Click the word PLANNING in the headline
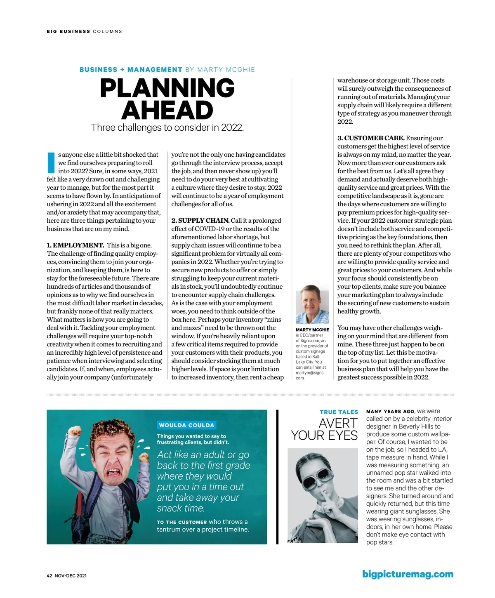point(167,88)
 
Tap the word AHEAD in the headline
point(167,110)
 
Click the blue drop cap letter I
point(51,162)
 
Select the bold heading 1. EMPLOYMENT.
point(75,245)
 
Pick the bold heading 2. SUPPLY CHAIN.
point(200,221)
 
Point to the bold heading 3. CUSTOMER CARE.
point(371,138)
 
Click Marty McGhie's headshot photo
point(312,304)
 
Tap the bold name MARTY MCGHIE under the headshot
point(312,330)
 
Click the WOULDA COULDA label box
point(187,425)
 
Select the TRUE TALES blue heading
point(339,412)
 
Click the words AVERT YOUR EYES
point(325,429)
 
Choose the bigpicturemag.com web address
point(408,574)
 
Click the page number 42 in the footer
point(49,576)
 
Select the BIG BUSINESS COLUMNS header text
point(85,31)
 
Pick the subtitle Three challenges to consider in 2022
point(167,127)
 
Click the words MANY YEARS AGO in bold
point(390,412)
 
